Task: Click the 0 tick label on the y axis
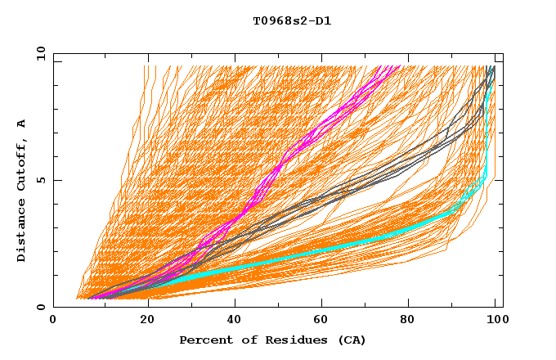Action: pos(40,307)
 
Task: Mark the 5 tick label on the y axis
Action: pos(40,180)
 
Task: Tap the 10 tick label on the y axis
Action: pos(38,53)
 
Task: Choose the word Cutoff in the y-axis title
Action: pos(21,165)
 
